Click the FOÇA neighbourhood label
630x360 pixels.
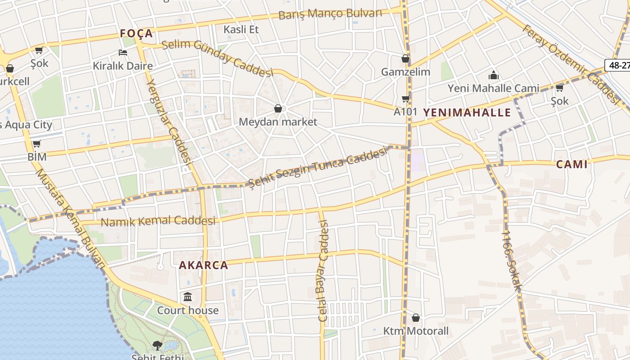pos(136,33)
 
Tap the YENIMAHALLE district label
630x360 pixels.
pos(467,112)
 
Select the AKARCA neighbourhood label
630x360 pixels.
pos(203,265)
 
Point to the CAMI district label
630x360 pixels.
pos(572,164)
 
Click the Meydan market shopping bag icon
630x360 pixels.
pos(278,108)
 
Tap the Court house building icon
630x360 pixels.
pos(188,297)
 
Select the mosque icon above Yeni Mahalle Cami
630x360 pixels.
pos(494,75)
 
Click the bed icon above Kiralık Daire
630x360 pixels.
pos(122,53)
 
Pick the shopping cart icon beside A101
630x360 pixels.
pos(405,99)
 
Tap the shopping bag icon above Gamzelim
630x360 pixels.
pos(405,58)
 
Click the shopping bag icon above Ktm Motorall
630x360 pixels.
pos(416,318)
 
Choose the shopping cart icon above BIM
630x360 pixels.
pos(36,144)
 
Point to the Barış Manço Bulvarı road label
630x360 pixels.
pos(330,14)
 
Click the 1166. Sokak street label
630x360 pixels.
pos(512,261)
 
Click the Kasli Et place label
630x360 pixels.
pos(242,29)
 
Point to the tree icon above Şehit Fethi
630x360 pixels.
pos(157,345)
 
